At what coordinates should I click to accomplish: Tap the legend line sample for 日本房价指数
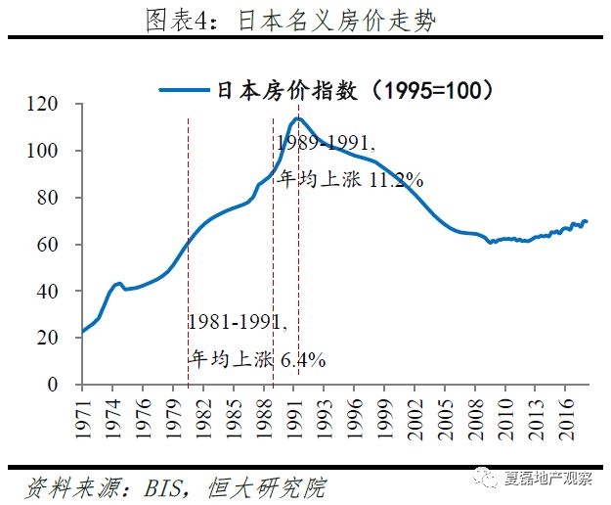184,91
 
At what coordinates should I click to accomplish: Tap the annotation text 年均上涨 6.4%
256,360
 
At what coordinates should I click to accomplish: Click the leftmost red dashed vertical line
188,245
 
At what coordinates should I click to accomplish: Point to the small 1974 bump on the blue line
118,284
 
